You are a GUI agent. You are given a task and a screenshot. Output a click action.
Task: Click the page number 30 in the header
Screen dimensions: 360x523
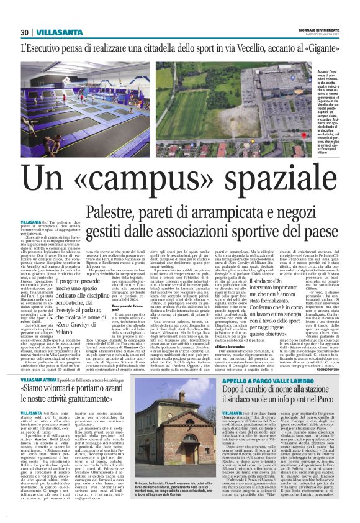pos(24,32)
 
